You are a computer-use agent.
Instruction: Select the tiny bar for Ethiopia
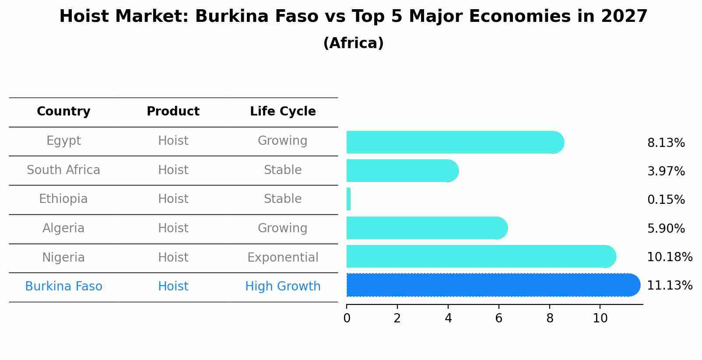click(x=348, y=199)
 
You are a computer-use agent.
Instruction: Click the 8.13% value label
click(x=666, y=143)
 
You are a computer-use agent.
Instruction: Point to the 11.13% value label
click(x=669, y=286)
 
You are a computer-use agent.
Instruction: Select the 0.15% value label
click(x=666, y=200)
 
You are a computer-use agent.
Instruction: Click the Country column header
click(x=63, y=112)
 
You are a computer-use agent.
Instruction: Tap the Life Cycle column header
click(x=283, y=112)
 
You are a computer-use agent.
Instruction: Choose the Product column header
click(x=173, y=112)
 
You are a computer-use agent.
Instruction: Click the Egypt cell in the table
click(x=63, y=141)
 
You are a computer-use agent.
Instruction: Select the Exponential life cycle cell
click(x=283, y=257)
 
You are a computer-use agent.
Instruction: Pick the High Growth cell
click(x=283, y=287)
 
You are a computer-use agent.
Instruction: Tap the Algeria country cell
click(x=63, y=228)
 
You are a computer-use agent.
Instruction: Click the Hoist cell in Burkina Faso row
click(x=173, y=287)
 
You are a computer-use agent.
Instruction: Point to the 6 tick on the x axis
click(x=499, y=318)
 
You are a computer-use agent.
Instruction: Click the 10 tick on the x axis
click(x=600, y=318)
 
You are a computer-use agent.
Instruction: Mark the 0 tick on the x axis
click(x=347, y=318)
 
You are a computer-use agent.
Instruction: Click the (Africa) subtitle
click(x=353, y=43)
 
